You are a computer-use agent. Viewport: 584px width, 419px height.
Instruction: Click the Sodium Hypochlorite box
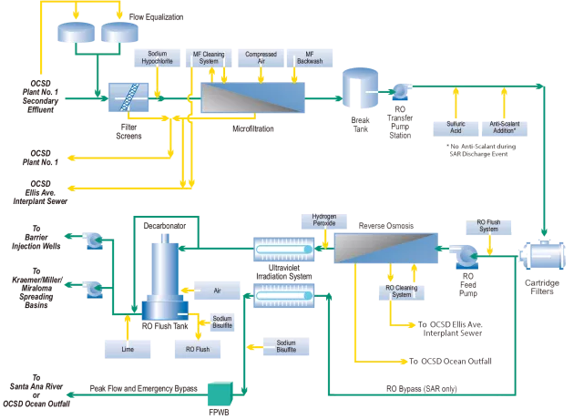(x=155, y=57)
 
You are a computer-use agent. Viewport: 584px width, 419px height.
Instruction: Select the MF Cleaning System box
(x=210, y=57)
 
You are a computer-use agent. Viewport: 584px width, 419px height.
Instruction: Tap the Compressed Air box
(x=260, y=57)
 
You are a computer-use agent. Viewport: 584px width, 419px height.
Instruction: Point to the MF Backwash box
(x=306, y=57)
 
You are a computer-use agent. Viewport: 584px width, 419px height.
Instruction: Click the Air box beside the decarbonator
(x=217, y=291)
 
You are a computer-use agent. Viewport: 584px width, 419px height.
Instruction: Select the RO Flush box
(x=199, y=348)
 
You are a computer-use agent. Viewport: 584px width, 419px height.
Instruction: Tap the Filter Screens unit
(x=128, y=97)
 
